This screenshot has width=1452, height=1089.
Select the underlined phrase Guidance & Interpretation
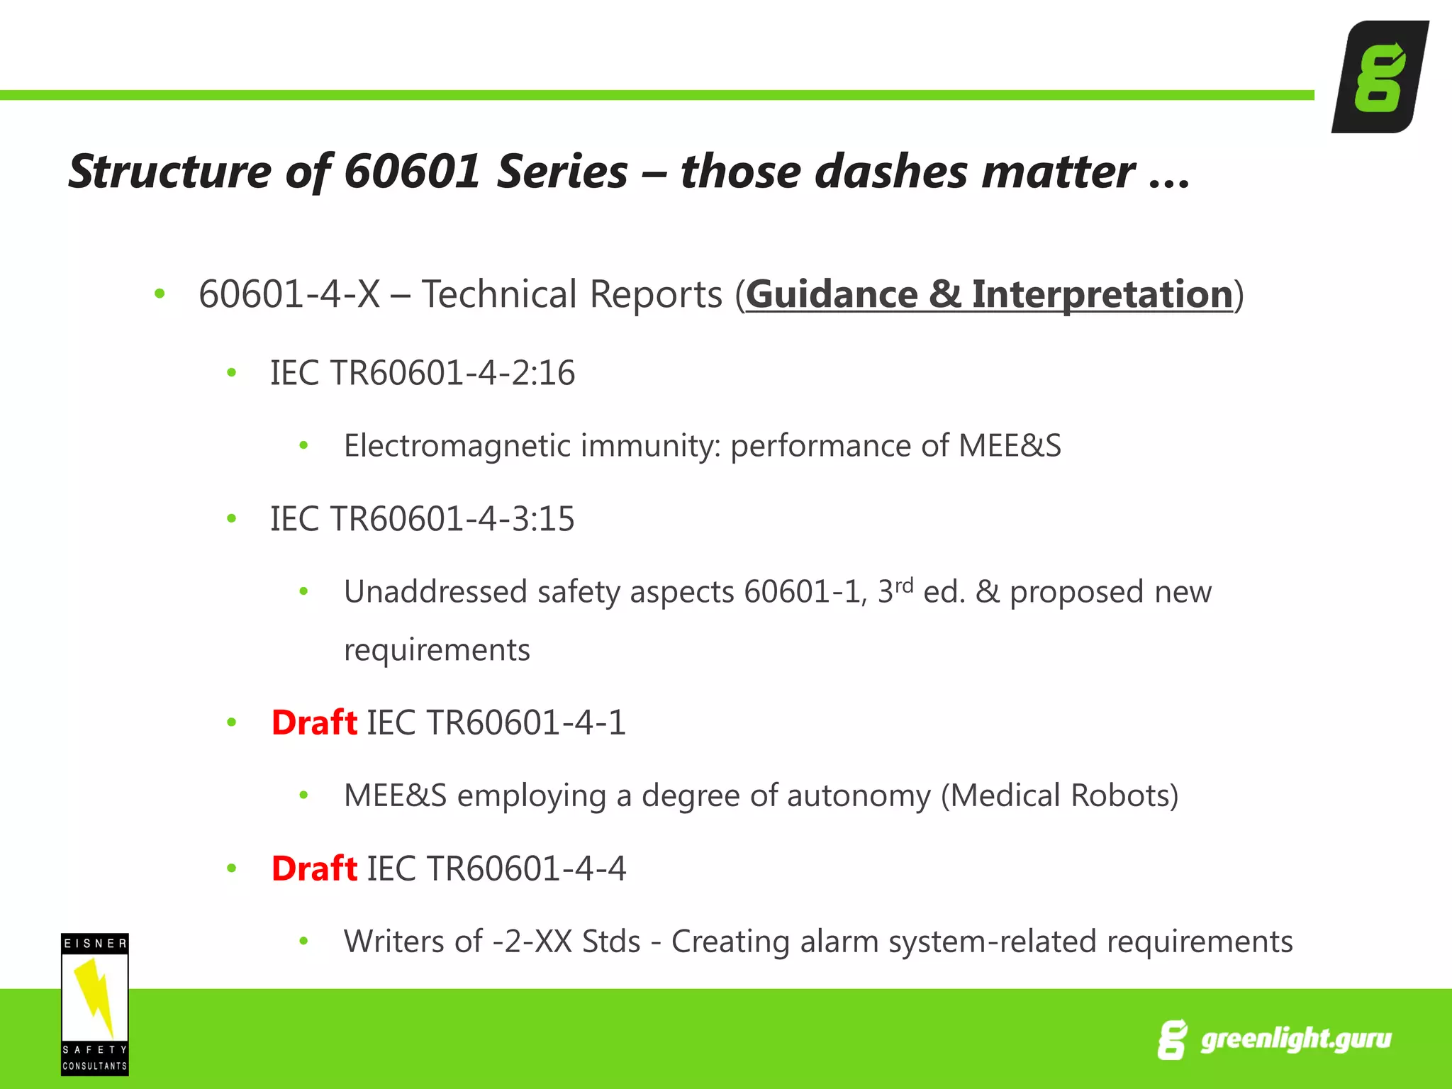point(989,294)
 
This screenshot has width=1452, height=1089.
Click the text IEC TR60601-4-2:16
point(423,373)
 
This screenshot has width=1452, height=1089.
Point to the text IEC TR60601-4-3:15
point(423,519)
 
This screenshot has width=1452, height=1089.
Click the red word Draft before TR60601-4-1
point(314,722)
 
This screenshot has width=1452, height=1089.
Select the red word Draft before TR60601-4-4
point(314,869)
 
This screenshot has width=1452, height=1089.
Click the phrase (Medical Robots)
point(1059,795)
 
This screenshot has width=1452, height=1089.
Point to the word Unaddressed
point(435,592)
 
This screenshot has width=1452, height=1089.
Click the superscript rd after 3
point(903,586)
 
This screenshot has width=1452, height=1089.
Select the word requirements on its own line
point(437,650)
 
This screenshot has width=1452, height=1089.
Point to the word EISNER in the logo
point(95,944)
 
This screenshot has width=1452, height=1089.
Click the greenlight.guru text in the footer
point(1295,1039)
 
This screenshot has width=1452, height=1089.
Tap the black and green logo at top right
point(1379,77)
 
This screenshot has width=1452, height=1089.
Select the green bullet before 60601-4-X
point(160,293)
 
